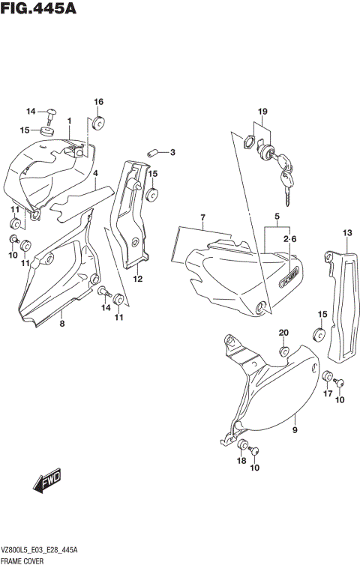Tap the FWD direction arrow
tap(47, 481)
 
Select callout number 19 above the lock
tap(262, 112)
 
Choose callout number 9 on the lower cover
tap(295, 429)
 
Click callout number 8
tap(62, 323)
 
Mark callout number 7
tap(202, 217)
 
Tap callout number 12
tap(138, 279)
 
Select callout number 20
tap(283, 333)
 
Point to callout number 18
tap(241, 461)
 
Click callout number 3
tap(172, 153)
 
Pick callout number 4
tap(96, 173)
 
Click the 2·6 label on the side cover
tap(291, 238)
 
